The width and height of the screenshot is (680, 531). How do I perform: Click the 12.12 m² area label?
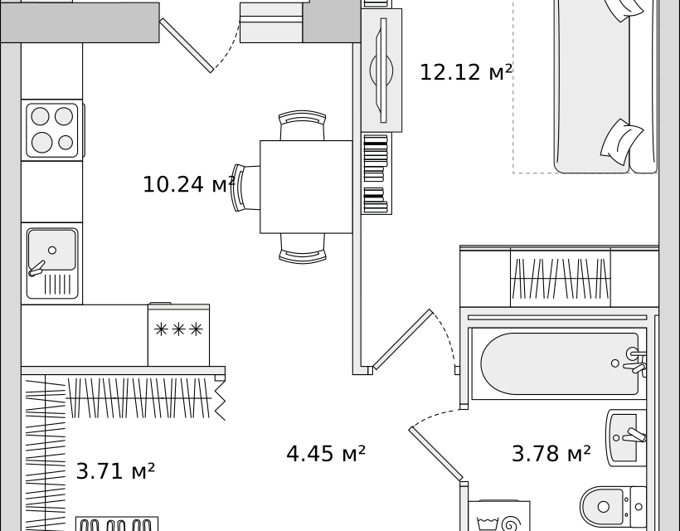point(465,72)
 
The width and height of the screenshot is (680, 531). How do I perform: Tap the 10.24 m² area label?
point(188,184)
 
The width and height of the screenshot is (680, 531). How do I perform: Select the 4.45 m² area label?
point(326,454)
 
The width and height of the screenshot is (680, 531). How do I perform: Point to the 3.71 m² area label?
point(115,471)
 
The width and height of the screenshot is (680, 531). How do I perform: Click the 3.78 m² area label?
point(551,454)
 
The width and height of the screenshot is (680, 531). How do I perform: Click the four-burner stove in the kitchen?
point(51,129)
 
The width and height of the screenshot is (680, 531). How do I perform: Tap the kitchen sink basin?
point(51,250)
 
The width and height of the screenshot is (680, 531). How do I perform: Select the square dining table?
point(306,187)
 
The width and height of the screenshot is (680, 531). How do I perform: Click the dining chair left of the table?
point(245,188)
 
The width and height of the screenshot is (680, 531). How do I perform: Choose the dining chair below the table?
point(302,247)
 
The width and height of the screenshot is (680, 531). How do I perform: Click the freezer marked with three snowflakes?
point(178,334)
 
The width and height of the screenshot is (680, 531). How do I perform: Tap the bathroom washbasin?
point(624,436)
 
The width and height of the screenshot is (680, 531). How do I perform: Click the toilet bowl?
point(604,505)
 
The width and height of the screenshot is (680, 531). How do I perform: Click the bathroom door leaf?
point(435,453)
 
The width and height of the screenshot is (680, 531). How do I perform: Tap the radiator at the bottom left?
point(116,524)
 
